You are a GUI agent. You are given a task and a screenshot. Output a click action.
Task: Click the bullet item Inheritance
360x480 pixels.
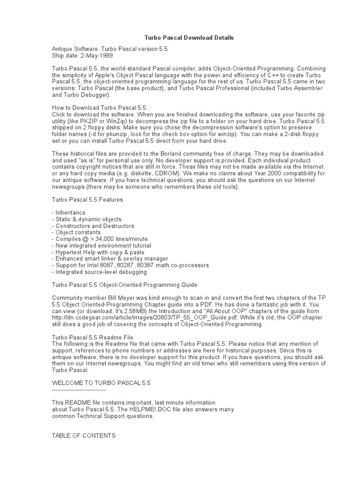pyautogui.click(x=70, y=212)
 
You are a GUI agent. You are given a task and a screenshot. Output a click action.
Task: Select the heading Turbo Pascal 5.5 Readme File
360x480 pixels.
pyautogui.click(x=92, y=337)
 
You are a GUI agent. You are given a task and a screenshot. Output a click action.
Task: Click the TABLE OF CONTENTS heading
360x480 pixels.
pyautogui.click(x=83, y=435)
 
